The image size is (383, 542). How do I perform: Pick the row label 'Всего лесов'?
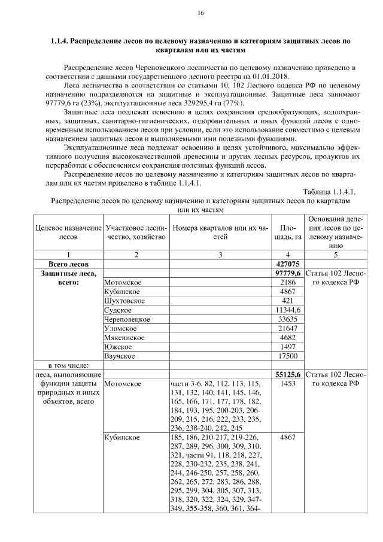pyautogui.click(x=68, y=264)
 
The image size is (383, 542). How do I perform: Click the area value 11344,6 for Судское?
pyautogui.click(x=288, y=310)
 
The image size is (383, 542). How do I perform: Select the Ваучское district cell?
pyautogui.click(x=120, y=356)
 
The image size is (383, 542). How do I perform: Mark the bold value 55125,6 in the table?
pyautogui.click(x=288, y=375)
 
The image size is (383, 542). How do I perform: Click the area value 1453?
pyautogui.click(x=288, y=384)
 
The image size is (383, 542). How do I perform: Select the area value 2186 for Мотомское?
pyautogui.click(x=288, y=282)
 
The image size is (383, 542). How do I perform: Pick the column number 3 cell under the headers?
pyautogui.click(x=220, y=255)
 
